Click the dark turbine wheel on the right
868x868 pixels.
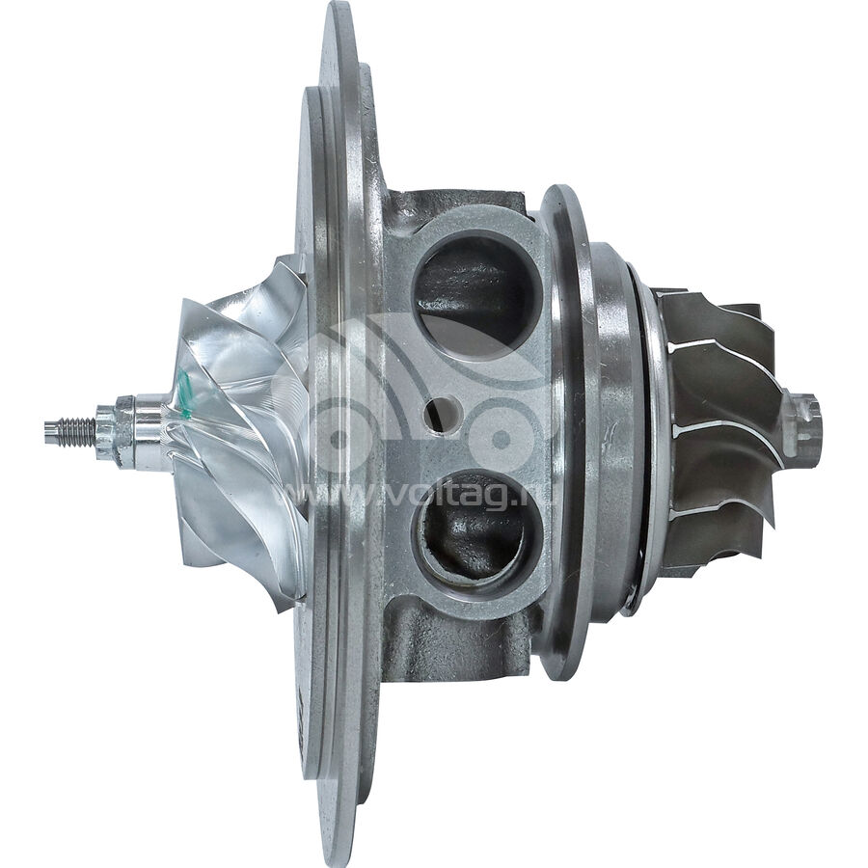[719, 424]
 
